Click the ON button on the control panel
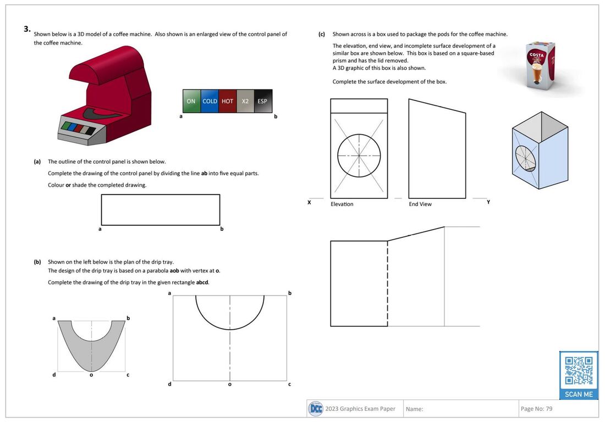(x=191, y=101)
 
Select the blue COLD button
(x=210, y=101)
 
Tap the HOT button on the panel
(x=227, y=101)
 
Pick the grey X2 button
(x=245, y=101)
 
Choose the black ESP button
(x=262, y=101)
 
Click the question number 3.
(x=26, y=30)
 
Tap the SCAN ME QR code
(x=579, y=375)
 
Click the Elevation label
(x=342, y=204)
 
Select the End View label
(x=420, y=204)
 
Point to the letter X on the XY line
(x=309, y=202)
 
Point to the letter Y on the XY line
(x=488, y=202)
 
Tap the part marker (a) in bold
(x=37, y=162)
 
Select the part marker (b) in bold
(x=37, y=262)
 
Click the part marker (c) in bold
(x=322, y=34)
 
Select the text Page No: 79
(x=536, y=409)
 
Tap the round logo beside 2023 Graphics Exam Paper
(x=316, y=409)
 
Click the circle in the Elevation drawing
(x=359, y=155)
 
